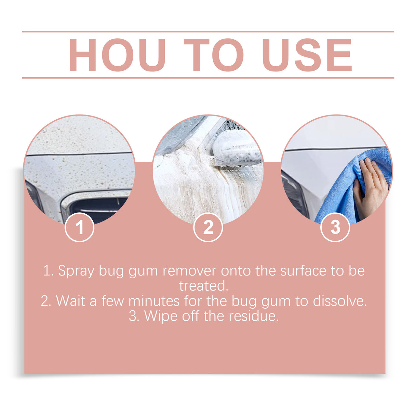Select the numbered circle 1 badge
[79, 227]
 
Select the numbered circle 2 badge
[208, 227]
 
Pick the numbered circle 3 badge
[335, 227]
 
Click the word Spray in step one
[76, 271]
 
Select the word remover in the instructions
[189, 271]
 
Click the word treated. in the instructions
[204, 286]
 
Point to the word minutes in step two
[154, 301]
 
